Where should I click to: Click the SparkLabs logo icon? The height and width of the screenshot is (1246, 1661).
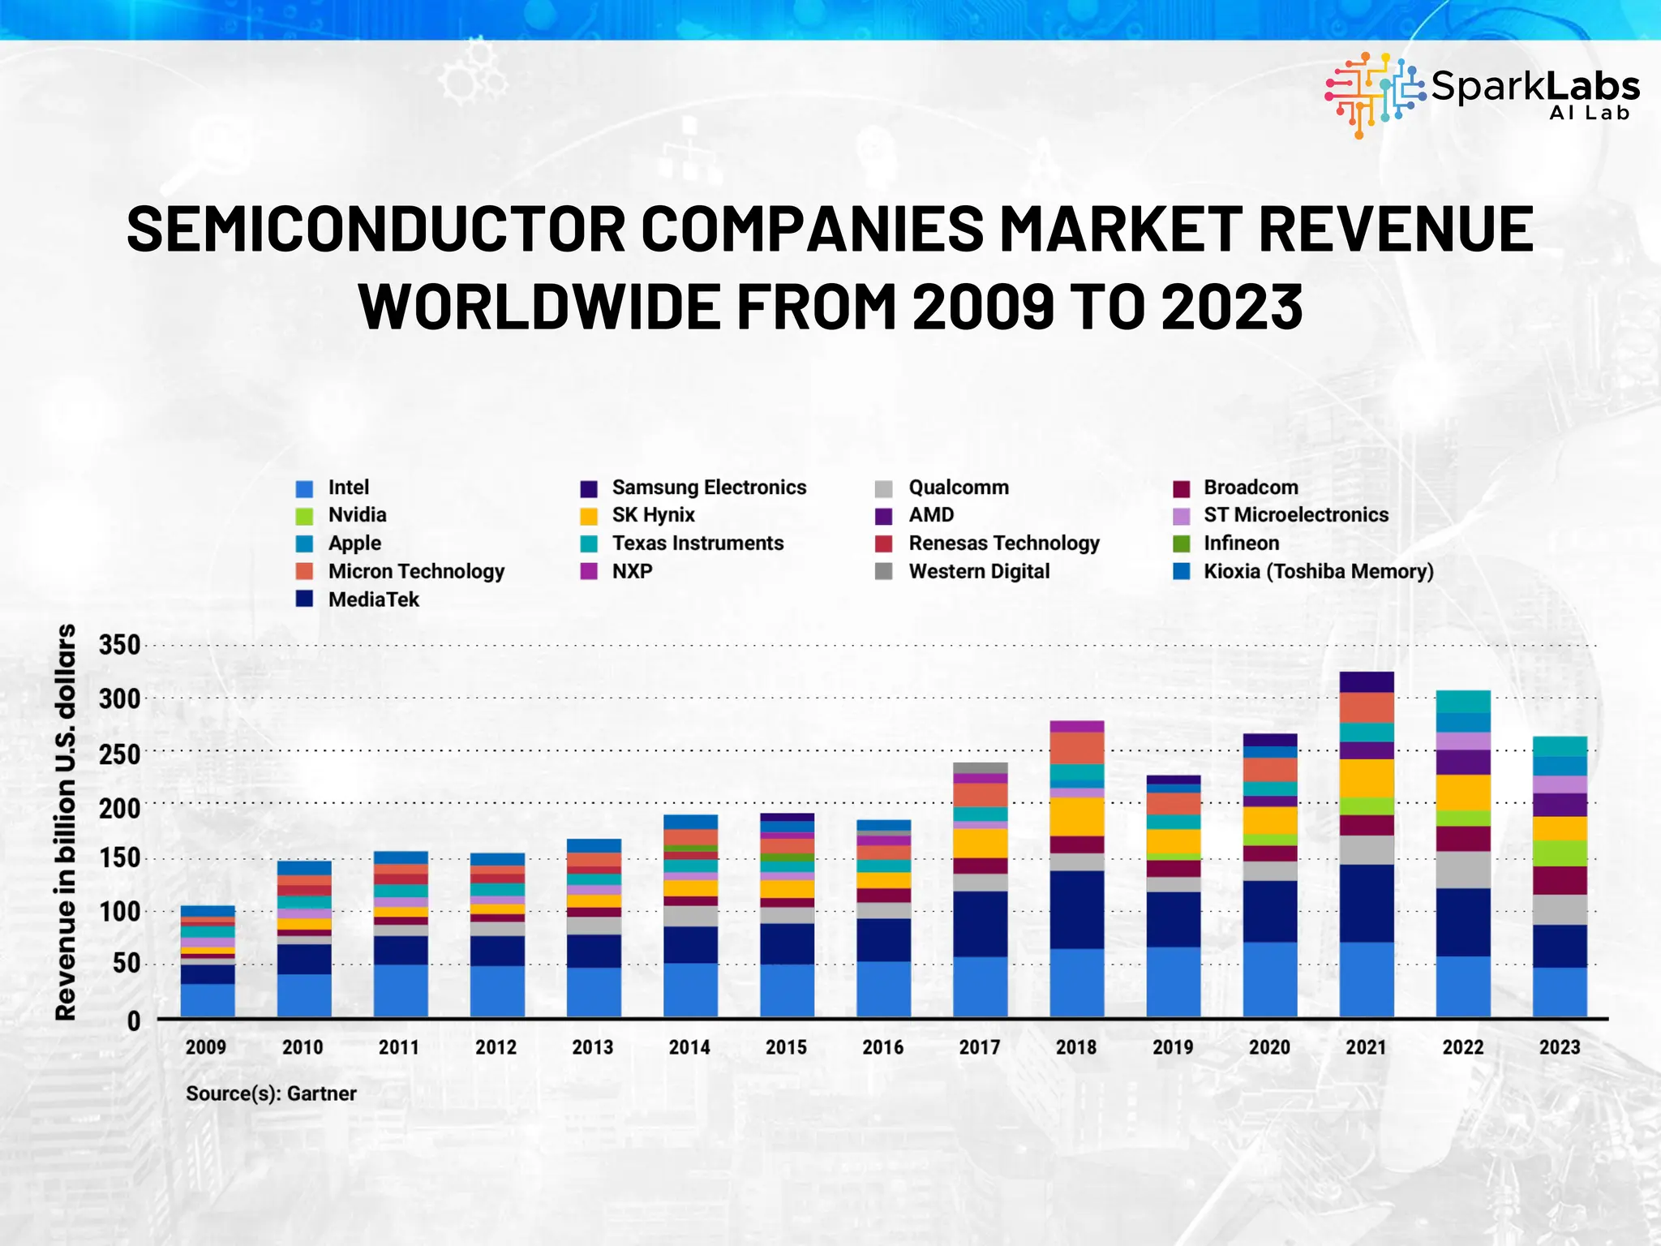pos(1374,93)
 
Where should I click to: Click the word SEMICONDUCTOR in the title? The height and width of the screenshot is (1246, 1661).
pos(376,230)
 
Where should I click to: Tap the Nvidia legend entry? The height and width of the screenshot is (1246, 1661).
pos(357,515)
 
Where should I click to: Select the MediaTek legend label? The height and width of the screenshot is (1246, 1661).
pos(373,599)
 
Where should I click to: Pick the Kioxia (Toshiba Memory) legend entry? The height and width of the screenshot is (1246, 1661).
pos(1318,571)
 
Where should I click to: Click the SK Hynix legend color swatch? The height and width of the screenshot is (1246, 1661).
pos(589,516)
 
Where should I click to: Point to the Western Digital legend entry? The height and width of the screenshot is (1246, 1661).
pos(978,571)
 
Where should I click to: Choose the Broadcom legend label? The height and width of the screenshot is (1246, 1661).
pos(1251,488)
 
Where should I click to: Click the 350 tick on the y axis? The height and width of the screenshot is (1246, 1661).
pos(119,646)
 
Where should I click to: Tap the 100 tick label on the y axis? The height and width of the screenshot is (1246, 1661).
pos(119,912)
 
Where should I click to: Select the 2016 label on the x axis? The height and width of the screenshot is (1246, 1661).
pos(882,1047)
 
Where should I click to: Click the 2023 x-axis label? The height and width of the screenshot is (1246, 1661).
pos(1559,1047)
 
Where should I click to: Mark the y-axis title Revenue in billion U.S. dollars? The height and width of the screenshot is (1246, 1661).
pos(65,821)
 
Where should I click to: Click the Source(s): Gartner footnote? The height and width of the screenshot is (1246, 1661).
pos(271,1093)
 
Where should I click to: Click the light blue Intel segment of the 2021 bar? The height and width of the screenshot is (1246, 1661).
pos(1366,979)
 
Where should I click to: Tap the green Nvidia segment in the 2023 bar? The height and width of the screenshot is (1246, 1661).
pos(1559,853)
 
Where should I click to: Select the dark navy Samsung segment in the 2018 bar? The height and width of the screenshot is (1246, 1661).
pos(1076,909)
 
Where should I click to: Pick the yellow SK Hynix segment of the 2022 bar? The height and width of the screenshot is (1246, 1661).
pos(1462,793)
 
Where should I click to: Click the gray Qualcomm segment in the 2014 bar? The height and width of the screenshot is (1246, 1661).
pos(689,917)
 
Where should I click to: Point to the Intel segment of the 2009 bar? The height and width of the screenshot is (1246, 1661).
pos(207,1000)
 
